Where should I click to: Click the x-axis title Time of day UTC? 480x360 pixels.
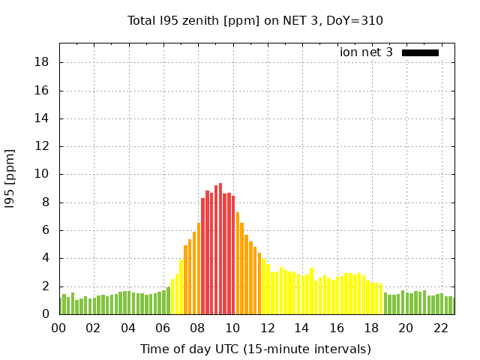coord(255,349)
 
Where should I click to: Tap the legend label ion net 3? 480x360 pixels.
coord(366,52)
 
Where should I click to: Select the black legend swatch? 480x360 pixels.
coord(420,52)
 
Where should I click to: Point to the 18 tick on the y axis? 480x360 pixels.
coord(43,62)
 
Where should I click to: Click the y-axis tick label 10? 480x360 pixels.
coord(43,174)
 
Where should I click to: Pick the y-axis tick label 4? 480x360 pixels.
coord(46,258)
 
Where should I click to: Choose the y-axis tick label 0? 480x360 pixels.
coord(46,314)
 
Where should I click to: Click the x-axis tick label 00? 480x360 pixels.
coord(59,328)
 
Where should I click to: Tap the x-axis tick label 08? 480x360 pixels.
coord(198,328)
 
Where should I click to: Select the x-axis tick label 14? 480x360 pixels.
coord(301,328)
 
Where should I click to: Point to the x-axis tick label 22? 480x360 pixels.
coord(440,328)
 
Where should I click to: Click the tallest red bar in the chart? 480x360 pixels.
coord(220,247)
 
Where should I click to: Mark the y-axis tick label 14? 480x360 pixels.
coord(43,118)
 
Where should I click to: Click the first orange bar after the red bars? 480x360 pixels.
coord(238,262)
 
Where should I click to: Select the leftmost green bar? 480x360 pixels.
coord(61,306)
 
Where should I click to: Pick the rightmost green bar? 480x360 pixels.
coord(452,306)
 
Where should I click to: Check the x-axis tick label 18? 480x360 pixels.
coord(371,328)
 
